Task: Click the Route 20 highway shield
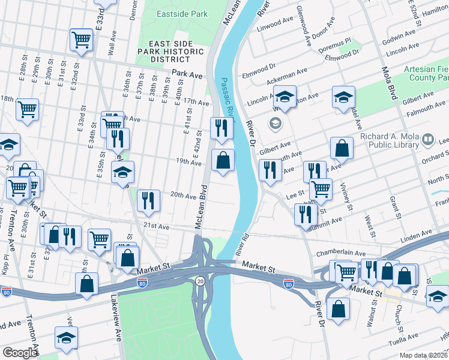click(199, 280)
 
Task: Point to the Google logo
click(20, 353)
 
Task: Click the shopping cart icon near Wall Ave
click(81, 40)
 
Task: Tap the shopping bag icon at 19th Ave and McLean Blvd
click(223, 160)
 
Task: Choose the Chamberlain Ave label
click(360, 254)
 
